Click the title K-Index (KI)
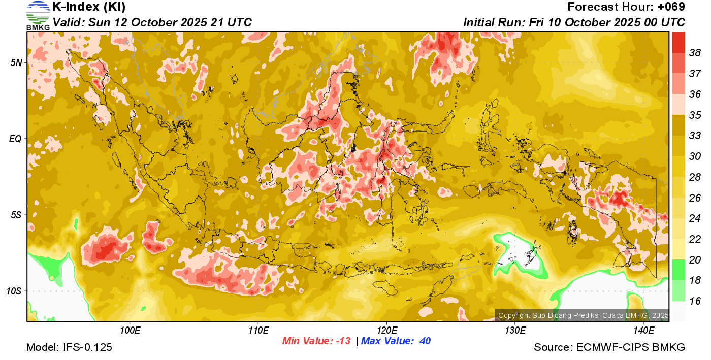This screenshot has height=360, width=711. coord(89,7)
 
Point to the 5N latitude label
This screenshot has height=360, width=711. coord(17,62)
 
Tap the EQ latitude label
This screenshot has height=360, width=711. coord(16,139)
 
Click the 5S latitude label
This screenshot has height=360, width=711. coord(17,215)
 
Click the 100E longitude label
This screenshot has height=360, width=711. coord(130,331)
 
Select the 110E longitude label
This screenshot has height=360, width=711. coord(258,331)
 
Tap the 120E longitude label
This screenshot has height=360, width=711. coord(386,331)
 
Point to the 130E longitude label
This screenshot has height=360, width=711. coord(515,331)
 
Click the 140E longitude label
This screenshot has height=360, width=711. coord(643,331)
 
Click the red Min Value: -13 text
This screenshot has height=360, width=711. coord(316,341)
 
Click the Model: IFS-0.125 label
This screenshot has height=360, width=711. coord(69,347)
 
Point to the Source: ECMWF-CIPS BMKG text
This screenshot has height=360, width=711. coord(609,347)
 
